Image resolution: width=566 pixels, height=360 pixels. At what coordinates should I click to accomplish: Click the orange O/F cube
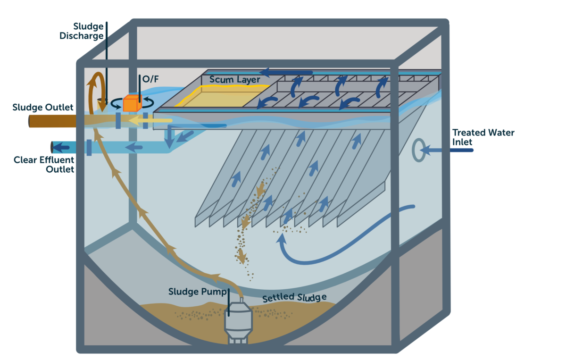(132, 103)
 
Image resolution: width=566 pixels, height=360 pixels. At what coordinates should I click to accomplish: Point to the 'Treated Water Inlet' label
(483, 137)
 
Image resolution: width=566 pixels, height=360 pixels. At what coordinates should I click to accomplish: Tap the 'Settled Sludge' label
(294, 297)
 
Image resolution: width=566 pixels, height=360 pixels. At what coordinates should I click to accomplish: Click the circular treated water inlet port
(417, 151)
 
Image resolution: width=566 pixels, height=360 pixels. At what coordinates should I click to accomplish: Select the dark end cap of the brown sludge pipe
(30, 122)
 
